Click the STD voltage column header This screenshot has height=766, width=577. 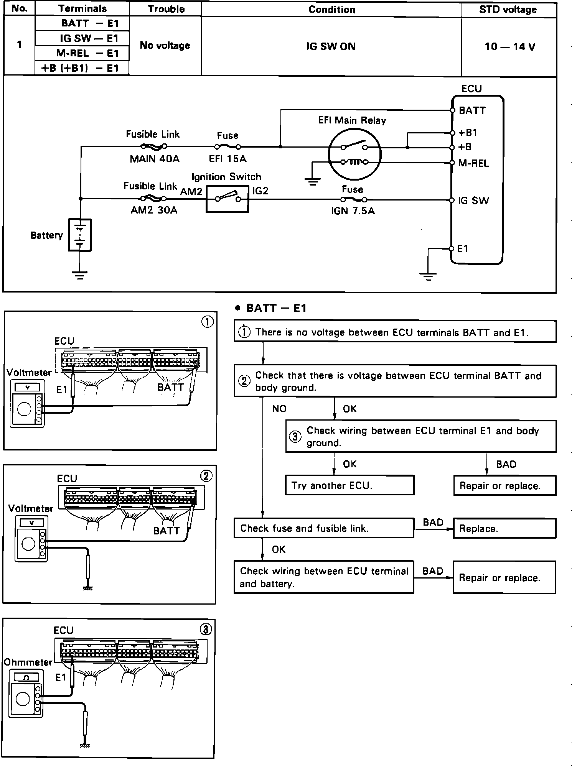point(508,9)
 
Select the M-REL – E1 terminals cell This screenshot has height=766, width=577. point(82,53)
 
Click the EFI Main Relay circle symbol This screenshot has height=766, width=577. point(354,154)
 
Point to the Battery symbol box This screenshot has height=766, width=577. point(80,235)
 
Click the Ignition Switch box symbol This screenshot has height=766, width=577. point(228,199)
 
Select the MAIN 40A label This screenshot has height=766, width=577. point(155,159)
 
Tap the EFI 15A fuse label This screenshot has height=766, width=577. point(228,159)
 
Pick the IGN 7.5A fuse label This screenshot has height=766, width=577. point(353,211)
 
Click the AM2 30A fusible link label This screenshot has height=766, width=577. point(154,210)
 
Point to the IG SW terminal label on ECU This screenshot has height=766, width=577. point(473,201)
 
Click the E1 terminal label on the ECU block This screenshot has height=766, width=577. point(463,249)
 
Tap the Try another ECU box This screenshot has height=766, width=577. point(349,485)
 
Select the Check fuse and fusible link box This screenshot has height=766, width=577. point(324,528)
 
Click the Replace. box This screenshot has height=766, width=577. point(504,529)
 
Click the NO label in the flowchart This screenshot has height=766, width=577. point(279,409)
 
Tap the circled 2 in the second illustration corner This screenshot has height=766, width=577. point(206,476)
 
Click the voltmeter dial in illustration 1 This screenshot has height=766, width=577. point(24,409)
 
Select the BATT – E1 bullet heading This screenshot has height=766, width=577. point(272,308)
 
